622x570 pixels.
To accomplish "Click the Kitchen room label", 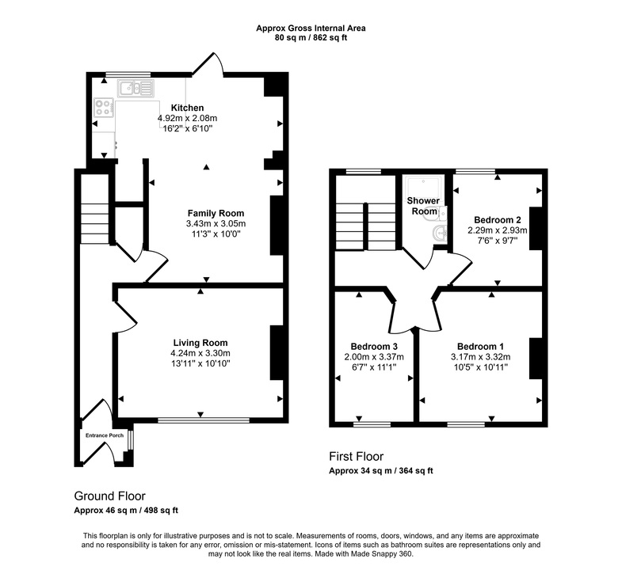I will pyautogui.click(x=187, y=108).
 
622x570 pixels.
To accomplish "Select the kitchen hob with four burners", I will pyautogui.click(x=103, y=107).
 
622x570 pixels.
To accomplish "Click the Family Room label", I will pyautogui.click(x=216, y=214).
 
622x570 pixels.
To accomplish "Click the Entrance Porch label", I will pyautogui.click(x=102, y=435).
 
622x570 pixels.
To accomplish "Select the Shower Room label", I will pyautogui.click(x=422, y=206).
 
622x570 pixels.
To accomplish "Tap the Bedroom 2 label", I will pyautogui.click(x=497, y=219).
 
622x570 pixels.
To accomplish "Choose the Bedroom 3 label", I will pyautogui.click(x=373, y=346).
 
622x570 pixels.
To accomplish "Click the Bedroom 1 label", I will pyautogui.click(x=479, y=346).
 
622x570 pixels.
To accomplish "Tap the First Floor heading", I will pyautogui.click(x=357, y=457).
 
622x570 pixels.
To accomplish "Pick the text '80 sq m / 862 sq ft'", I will pyautogui.click(x=311, y=36).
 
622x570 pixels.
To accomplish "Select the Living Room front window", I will pyautogui.click(x=202, y=420).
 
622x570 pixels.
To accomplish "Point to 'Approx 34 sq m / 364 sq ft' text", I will pyautogui.click(x=381, y=471).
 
